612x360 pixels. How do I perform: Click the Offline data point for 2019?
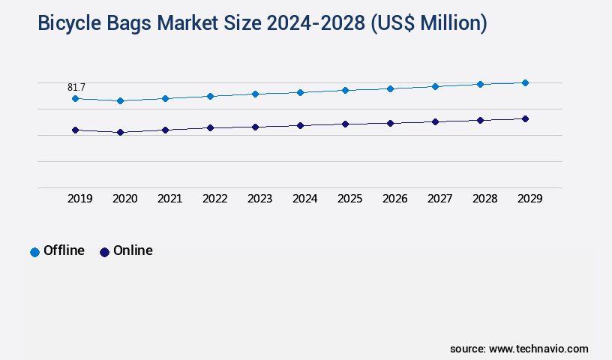(75, 98)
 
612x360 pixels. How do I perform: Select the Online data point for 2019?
(75, 130)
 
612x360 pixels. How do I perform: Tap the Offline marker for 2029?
(525, 82)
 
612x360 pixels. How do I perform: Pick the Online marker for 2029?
(525, 118)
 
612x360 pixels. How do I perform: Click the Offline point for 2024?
(300, 92)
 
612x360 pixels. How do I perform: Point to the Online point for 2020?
(120, 132)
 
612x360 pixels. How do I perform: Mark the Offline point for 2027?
(435, 86)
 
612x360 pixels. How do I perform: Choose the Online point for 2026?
(390, 123)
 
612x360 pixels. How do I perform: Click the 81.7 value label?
(76, 88)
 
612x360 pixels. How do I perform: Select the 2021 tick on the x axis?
(169, 199)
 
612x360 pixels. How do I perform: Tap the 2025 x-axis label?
(349, 199)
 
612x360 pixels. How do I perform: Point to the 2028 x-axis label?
(484, 199)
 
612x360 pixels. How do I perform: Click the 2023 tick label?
(259, 199)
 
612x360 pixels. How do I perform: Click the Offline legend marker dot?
(34, 252)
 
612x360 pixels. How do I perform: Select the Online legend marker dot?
(104, 252)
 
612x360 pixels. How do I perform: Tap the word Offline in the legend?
(64, 250)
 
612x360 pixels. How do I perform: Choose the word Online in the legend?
(133, 250)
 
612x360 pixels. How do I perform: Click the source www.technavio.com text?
(519, 349)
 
